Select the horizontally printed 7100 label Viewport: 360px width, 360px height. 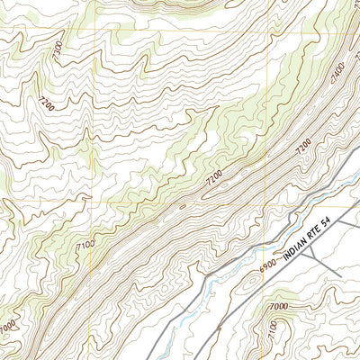point(87,245)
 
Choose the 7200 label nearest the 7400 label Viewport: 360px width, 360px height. point(303,143)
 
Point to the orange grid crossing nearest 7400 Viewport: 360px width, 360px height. point(268,29)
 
